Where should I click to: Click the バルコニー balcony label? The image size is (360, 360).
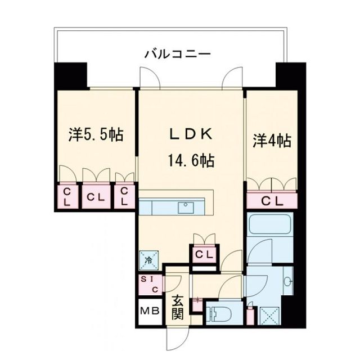pyautogui.click(x=177, y=55)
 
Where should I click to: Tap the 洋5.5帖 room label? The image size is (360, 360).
pyautogui.click(x=96, y=135)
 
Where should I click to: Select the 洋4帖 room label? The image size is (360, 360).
pyautogui.click(x=272, y=141)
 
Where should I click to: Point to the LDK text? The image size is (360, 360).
pyautogui.click(x=191, y=134)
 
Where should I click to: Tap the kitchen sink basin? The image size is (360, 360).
pyautogui.click(x=186, y=208)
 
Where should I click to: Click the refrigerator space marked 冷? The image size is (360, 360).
pyautogui.click(x=149, y=260)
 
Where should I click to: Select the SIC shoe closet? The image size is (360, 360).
pyautogui.click(x=150, y=285)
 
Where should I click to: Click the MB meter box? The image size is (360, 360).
pyautogui.click(x=150, y=311)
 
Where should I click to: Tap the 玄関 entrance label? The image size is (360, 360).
pyautogui.click(x=178, y=308)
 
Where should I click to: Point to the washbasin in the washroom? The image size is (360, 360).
pyautogui.click(x=287, y=281)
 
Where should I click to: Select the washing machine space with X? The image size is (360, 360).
pyautogui.click(x=270, y=316)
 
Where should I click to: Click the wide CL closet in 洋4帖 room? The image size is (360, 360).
pyautogui.click(x=272, y=201)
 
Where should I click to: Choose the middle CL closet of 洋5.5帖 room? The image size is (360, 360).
pyautogui.click(x=96, y=197)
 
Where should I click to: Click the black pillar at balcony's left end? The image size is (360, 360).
pyautogui.click(x=71, y=75)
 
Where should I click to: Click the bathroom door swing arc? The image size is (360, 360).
pyautogui.click(x=259, y=251)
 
